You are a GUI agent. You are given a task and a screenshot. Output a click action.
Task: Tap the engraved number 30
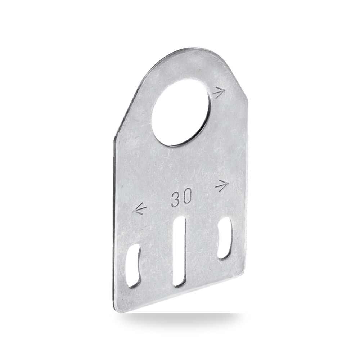coord(181,198)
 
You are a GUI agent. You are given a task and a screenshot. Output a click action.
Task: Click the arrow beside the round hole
coord(219,93)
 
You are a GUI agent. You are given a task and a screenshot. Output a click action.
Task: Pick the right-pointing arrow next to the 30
coord(222,185)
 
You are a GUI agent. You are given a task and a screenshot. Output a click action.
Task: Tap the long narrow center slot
coord(179,252)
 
